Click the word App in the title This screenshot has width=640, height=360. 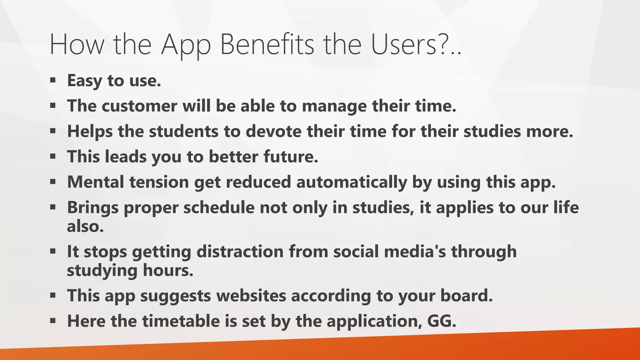point(186,45)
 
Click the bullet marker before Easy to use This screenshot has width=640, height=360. point(52,80)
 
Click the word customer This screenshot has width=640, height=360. point(139,106)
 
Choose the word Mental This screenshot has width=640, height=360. point(96,182)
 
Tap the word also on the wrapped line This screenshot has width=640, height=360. point(85,226)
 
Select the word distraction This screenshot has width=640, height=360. point(240,252)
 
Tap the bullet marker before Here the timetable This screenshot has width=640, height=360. point(52,320)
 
